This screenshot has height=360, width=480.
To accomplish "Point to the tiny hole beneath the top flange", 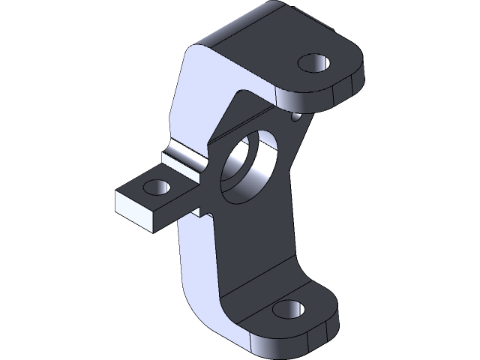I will click(295, 117).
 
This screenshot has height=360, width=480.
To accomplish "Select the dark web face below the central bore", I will click(255, 240).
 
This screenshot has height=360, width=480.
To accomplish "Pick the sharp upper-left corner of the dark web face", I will click(239, 94).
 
